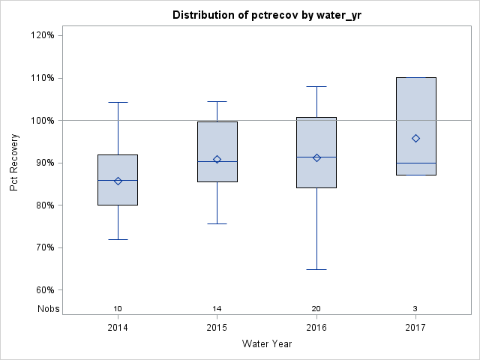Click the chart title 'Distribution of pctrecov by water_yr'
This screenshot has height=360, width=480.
click(x=266, y=15)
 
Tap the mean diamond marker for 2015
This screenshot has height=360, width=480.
click(x=217, y=159)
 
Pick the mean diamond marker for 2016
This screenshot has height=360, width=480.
click(x=316, y=157)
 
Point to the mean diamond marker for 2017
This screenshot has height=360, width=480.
click(x=415, y=138)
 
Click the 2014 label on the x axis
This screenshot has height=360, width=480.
click(x=118, y=328)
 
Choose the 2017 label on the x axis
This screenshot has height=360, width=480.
click(x=415, y=328)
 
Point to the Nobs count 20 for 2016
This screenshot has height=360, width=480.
click(x=316, y=309)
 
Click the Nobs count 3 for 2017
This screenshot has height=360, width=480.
click(x=415, y=309)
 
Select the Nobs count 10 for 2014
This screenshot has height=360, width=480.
click(x=118, y=309)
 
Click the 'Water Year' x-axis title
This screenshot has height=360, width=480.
click(x=266, y=344)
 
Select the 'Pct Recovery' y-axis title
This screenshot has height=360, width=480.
click(x=15, y=163)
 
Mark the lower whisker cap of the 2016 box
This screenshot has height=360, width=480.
click(x=316, y=269)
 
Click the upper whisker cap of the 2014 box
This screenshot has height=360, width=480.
click(x=118, y=102)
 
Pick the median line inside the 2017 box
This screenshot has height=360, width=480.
click(x=415, y=163)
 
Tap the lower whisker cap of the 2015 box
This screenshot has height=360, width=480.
click(x=217, y=223)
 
